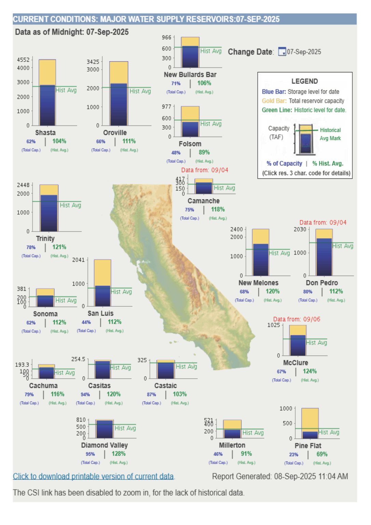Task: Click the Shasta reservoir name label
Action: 45,133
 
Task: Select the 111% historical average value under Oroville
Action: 129,141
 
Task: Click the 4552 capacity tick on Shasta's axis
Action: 23,60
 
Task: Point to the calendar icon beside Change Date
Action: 282,52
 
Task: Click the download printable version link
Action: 93,476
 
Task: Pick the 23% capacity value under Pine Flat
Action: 293,455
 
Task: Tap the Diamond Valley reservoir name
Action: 104,445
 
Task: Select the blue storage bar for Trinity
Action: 49,213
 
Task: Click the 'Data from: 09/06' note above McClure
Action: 297,319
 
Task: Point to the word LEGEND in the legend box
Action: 304,81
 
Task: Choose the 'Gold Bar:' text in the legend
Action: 274,101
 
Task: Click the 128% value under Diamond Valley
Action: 119,454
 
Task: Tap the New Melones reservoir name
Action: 258,283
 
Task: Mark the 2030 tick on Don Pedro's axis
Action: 300,229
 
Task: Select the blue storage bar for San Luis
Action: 102,296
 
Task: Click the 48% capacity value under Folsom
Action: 176,153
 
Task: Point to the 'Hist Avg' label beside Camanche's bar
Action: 224,188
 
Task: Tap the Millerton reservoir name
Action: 232,445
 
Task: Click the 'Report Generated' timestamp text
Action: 280,476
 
